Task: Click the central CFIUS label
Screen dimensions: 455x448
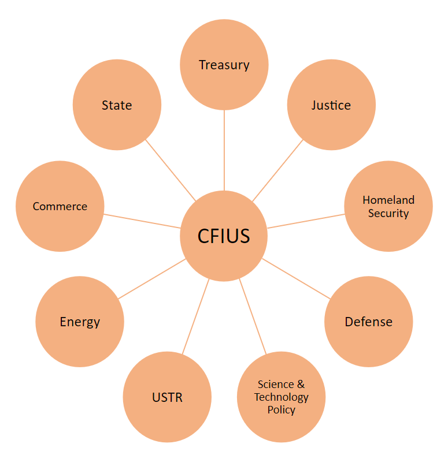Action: (x=224, y=236)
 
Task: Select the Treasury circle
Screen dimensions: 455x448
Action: (x=224, y=65)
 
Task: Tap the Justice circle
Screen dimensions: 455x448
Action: (x=331, y=105)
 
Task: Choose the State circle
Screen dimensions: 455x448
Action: (x=117, y=105)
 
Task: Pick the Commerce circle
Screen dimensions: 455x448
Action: (x=60, y=206)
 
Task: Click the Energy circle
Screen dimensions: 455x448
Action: (x=80, y=322)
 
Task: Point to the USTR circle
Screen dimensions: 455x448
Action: (x=167, y=397)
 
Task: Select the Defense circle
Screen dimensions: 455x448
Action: (x=369, y=322)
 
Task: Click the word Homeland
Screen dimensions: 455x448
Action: (x=388, y=200)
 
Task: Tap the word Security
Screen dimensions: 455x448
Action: (x=388, y=213)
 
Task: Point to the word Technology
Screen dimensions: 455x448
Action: (x=282, y=397)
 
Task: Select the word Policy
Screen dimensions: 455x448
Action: (x=282, y=410)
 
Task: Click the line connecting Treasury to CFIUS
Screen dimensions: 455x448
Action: (x=224, y=150)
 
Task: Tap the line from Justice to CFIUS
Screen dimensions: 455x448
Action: (x=277, y=170)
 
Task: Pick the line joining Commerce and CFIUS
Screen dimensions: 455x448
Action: (x=142, y=221)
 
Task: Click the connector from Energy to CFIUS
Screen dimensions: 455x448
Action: (x=151, y=279)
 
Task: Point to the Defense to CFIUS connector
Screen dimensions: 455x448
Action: (x=297, y=279)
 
